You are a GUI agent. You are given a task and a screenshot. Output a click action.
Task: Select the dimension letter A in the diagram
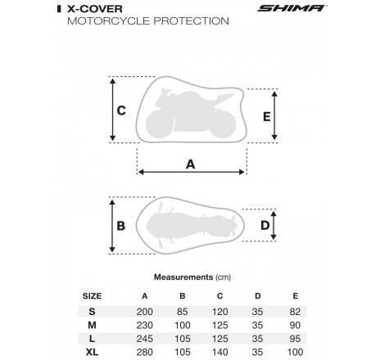(x=191, y=164)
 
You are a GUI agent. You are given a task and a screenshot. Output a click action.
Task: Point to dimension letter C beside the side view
(x=120, y=110)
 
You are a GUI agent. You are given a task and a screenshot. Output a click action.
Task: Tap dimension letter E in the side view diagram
(x=266, y=116)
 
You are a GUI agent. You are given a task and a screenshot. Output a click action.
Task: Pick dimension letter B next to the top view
(x=120, y=226)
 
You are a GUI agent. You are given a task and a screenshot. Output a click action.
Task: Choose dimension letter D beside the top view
(x=265, y=226)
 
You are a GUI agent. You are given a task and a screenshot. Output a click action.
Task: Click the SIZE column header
(x=93, y=295)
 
